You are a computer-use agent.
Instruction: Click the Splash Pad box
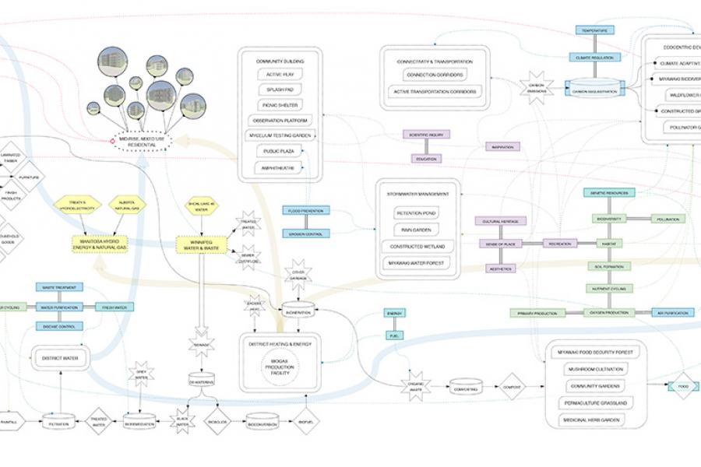coord(280,90)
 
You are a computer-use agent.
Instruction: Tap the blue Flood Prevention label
coord(306,210)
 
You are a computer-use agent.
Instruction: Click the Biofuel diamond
coord(306,421)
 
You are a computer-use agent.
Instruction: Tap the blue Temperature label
coord(595,30)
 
